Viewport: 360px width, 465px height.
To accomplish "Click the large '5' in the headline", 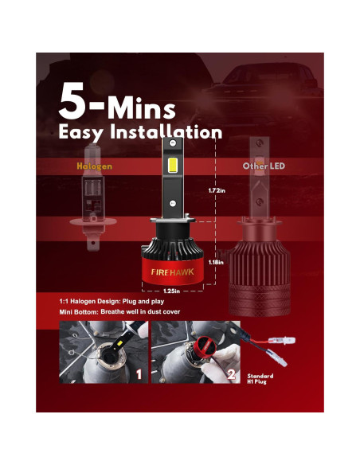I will coord(76,103).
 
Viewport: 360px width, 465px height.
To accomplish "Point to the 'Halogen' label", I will coord(94,167).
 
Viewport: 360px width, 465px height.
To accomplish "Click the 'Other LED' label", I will coord(262,167).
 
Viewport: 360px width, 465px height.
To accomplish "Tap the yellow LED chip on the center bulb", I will coord(184,166).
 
